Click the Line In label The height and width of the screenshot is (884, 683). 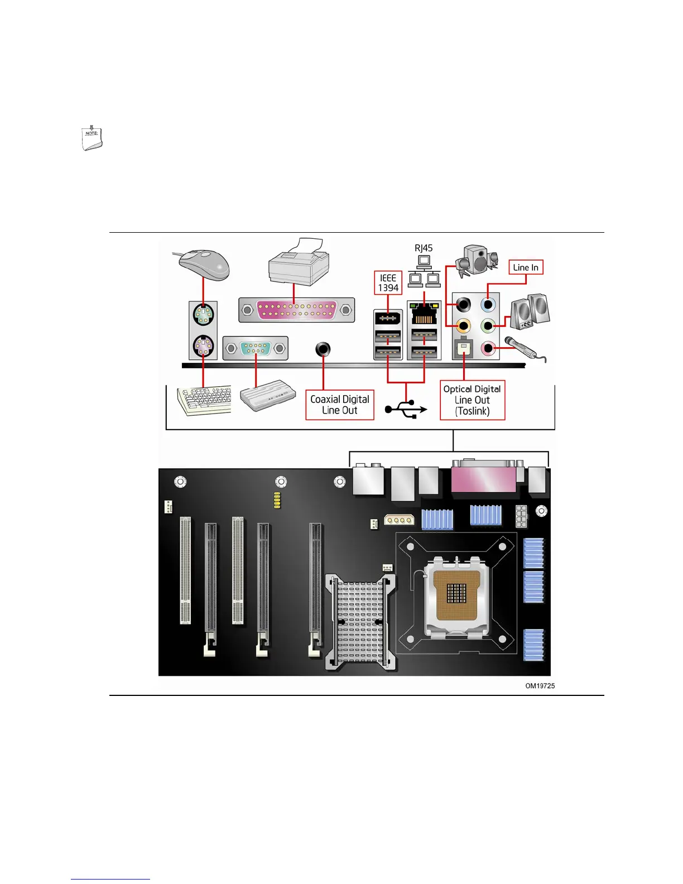(x=526, y=267)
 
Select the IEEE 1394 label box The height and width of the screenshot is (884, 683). (x=388, y=283)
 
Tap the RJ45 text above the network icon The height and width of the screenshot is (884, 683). (x=424, y=248)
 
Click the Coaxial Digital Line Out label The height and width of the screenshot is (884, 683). (x=339, y=405)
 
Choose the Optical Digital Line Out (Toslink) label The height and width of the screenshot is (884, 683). (x=472, y=400)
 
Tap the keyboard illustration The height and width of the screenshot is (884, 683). (x=204, y=400)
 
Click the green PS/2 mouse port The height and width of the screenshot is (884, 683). (x=203, y=315)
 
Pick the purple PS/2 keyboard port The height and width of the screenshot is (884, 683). (x=203, y=347)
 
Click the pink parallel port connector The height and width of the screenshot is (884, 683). (x=296, y=310)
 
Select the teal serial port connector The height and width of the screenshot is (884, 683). (x=256, y=348)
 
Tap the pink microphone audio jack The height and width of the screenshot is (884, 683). (x=489, y=349)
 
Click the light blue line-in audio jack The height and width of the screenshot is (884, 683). (x=489, y=305)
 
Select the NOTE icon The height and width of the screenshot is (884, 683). (x=92, y=138)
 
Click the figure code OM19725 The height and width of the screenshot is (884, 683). (x=540, y=686)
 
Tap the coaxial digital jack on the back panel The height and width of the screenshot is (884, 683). (x=323, y=349)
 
